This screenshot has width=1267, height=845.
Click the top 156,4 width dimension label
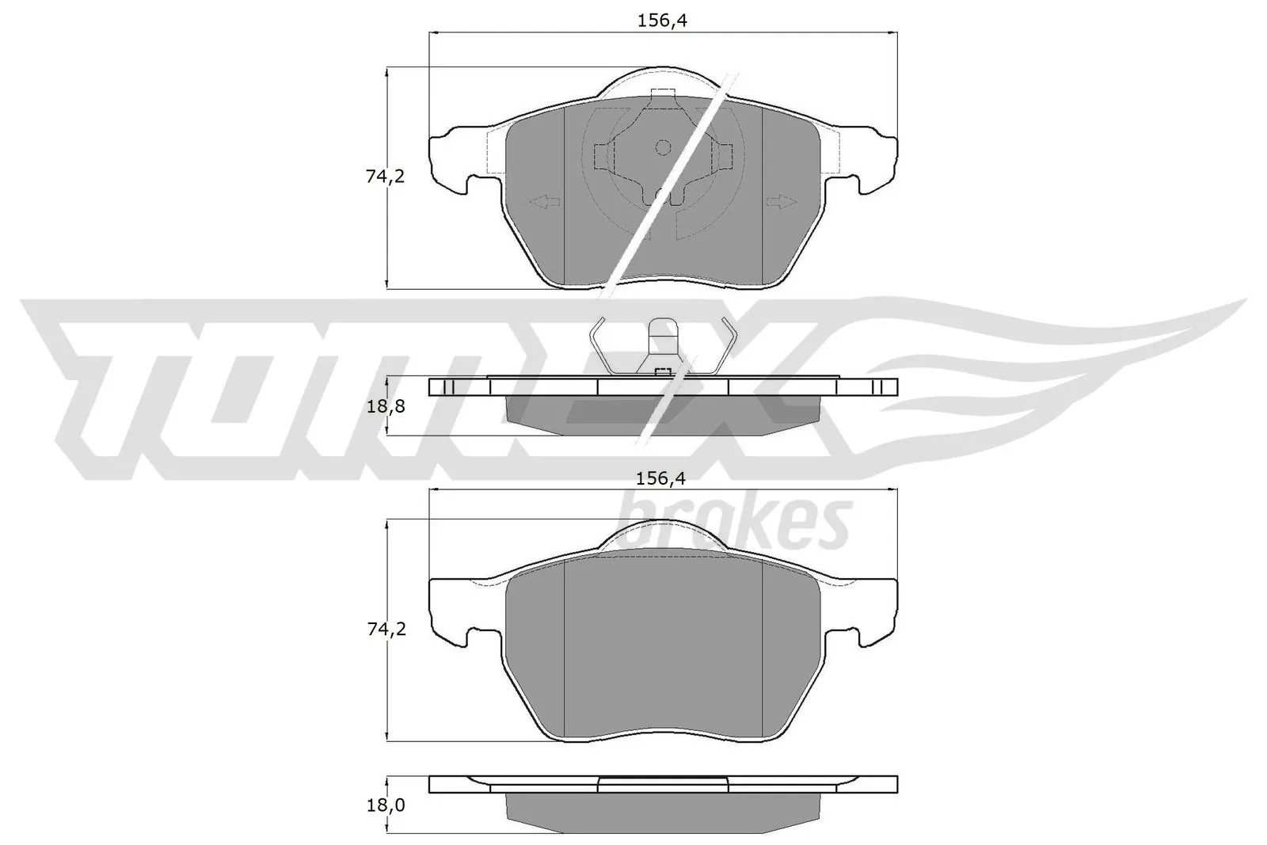point(662,21)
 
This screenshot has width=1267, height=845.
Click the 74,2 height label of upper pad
point(385,177)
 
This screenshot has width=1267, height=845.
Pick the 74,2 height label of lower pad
point(385,630)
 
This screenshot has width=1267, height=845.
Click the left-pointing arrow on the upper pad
point(544,203)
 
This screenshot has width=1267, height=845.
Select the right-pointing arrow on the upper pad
point(781,203)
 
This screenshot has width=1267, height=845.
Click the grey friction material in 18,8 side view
point(663,415)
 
